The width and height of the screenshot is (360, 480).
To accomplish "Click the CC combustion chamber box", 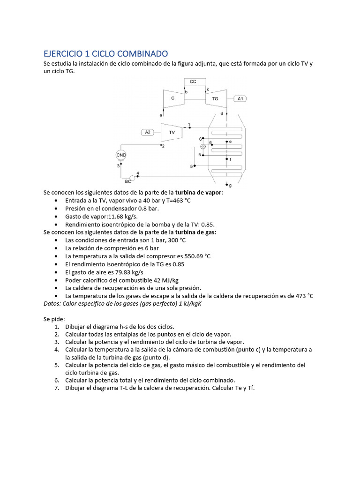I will pos(193,82).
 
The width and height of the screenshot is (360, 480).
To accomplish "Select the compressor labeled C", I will pos(173,98).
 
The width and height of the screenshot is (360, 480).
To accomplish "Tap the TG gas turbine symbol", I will pos(215,99).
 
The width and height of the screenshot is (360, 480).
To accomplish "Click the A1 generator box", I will pos(241,99).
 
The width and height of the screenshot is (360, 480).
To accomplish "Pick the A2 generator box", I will pos(148,132).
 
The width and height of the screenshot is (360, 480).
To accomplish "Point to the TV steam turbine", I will pos(172,133).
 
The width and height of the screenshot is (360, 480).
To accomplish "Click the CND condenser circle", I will pos(121,155).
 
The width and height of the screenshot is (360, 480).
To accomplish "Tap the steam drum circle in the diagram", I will pos(203,147).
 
